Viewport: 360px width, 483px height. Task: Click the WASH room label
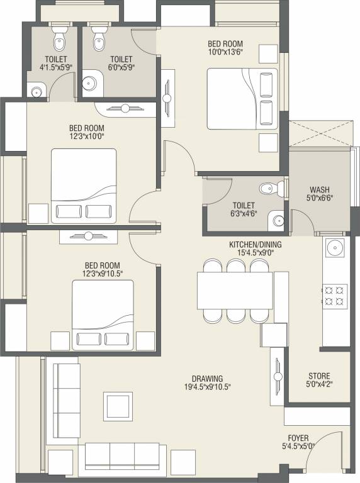[x=320, y=189]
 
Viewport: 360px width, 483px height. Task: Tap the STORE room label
[x=319, y=376]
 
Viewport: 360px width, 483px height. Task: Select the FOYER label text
[x=298, y=438]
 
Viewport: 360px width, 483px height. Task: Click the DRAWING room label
[x=208, y=379]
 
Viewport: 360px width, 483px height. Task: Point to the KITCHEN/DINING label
[x=255, y=245]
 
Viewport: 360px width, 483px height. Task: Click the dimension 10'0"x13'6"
[x=225, y=52]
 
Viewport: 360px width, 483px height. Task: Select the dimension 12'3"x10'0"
[x=87, y=136]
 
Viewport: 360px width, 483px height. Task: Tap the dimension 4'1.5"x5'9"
[x=56, y=67]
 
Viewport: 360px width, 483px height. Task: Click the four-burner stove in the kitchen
[x=334, y=295]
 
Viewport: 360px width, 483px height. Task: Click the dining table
[x=235, y=291]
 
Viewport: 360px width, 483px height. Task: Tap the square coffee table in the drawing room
[x=118, y=406]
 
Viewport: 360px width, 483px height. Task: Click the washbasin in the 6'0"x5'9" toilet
[x=90, y=83]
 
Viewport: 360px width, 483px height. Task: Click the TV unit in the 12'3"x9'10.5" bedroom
[x=89, y=236]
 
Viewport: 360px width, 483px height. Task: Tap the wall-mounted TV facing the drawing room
[x=278, y=376]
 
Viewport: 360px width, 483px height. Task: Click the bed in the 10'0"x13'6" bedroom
[x=242, y=99]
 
